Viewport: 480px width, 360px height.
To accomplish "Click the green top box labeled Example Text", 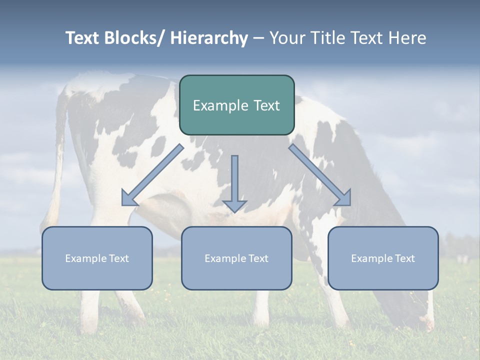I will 236,105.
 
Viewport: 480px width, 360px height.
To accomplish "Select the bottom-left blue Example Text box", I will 97,258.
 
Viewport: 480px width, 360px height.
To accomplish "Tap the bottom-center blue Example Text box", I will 236,258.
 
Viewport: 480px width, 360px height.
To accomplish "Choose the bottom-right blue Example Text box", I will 383,258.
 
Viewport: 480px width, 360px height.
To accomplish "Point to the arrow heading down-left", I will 152,175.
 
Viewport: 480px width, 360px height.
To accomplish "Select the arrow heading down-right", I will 320,175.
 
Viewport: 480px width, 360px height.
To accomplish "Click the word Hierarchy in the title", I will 209,38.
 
